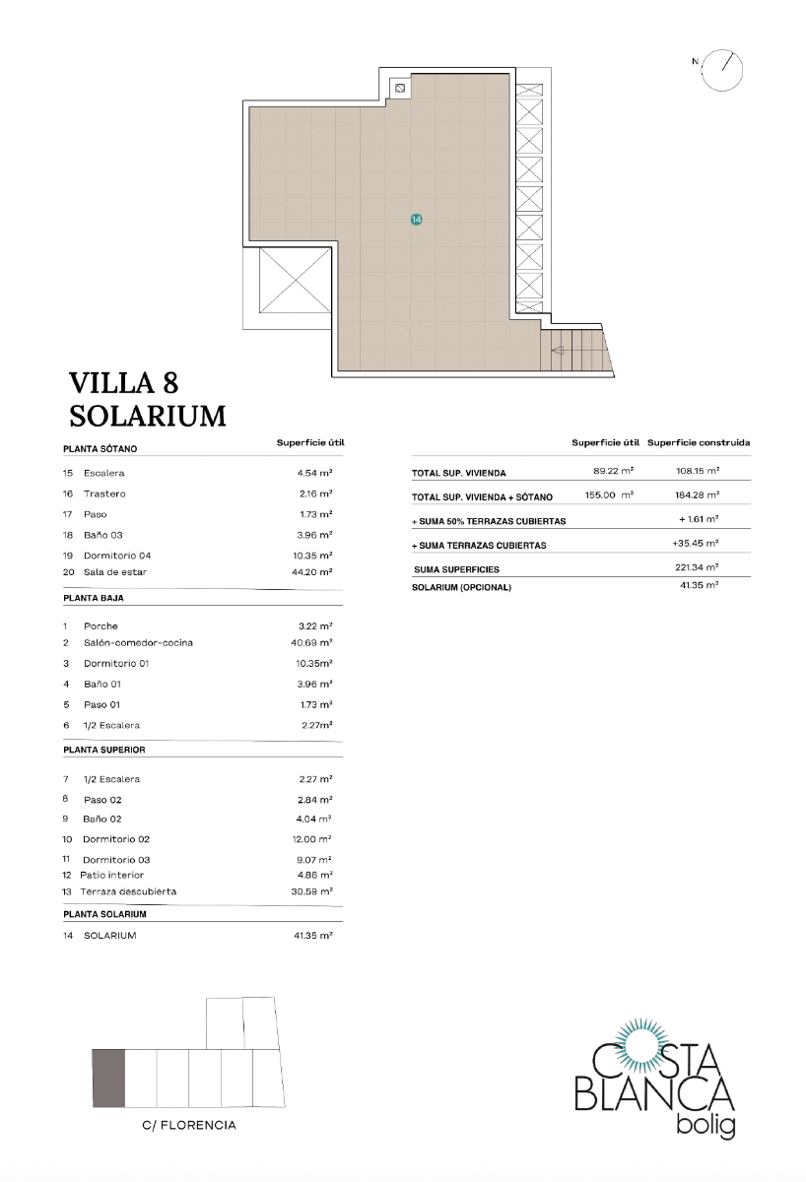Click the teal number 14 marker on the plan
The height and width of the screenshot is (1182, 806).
(x=416, y=220)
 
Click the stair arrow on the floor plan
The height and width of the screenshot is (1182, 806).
(x=559, y=349)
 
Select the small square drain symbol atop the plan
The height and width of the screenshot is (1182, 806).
(x=400, y=89)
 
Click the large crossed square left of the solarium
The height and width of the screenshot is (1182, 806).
(x=294, y=282)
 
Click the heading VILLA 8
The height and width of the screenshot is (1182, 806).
(x=123, y=382)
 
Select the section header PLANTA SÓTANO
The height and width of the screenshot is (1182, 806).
(x=100, y=449)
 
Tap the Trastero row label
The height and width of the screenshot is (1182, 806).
(x=104, y=493)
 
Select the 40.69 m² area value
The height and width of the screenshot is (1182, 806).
(x=312, y=643)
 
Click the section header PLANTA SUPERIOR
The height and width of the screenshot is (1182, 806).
(x=103, y=750)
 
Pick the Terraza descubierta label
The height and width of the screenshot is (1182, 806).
(x=128, y=891)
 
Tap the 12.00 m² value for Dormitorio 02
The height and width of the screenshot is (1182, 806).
(x=314, y=839)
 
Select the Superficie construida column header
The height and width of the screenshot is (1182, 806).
(x=699, y=443)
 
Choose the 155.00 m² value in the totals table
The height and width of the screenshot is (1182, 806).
(x=606, y=495)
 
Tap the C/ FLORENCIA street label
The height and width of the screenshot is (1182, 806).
(x=189, y=1125)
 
